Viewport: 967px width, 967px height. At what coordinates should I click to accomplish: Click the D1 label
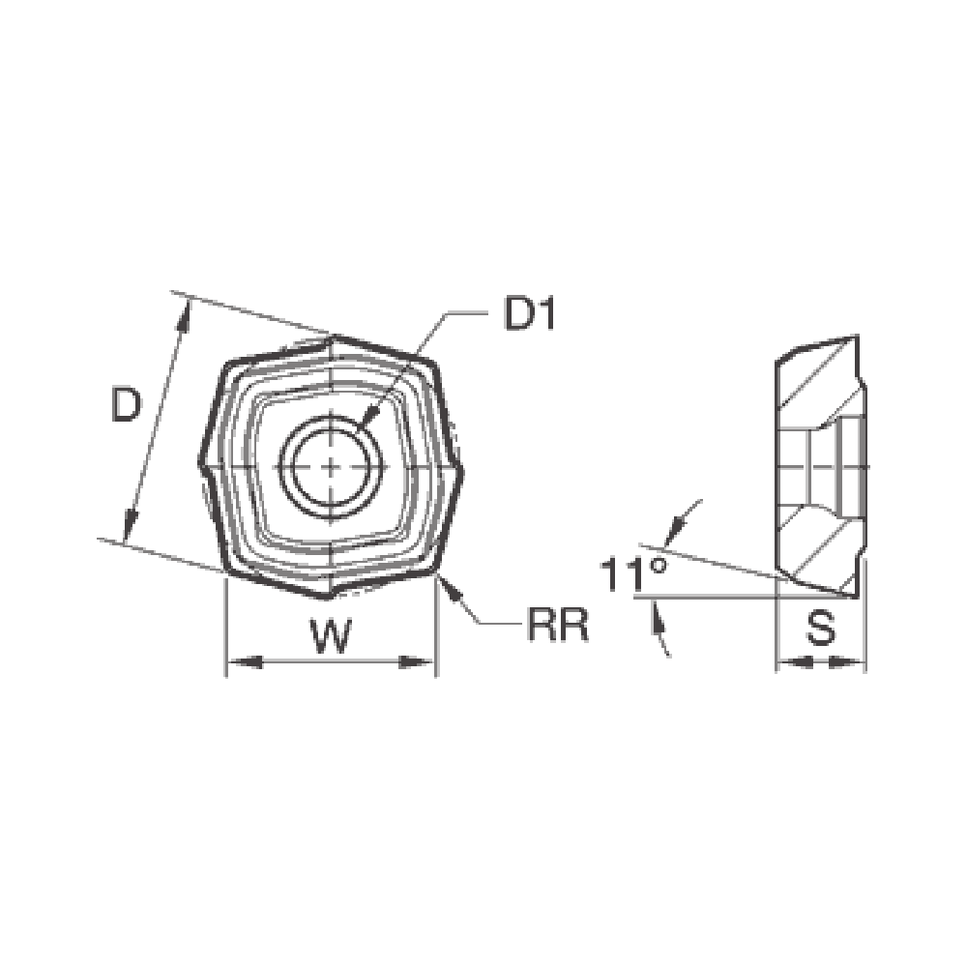pyautogui.click(x=530, y=313)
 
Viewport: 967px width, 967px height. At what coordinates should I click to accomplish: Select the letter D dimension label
pyautogui.click(x=126, y=404)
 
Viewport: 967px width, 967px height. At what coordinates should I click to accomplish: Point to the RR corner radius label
pyautogui.click(x=558, y=624)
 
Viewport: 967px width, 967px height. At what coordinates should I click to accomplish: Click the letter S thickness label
pyautogui.click(x=821, y=628)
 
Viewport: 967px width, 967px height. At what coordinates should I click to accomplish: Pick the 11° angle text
pyautogui.click(x=634, y=574)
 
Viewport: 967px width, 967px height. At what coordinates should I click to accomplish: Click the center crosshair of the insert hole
pyautogui.click(x=331, y=466)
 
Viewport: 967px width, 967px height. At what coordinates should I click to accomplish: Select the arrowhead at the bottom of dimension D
pyautogui.click(x=129, y=525)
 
